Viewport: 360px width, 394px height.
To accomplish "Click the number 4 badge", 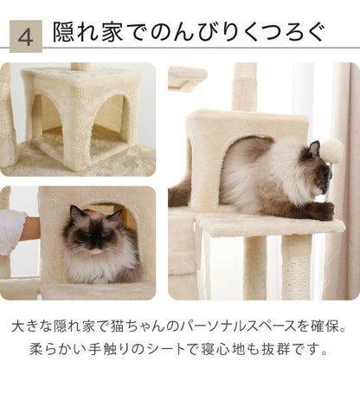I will [25, 37].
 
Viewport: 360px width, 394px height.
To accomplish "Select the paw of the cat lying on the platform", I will [324, 210].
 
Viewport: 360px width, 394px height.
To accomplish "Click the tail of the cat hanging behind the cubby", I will [179, 192].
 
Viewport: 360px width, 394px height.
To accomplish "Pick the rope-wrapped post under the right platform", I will [296, 264].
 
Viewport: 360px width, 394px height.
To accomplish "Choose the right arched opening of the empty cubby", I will [107, 116].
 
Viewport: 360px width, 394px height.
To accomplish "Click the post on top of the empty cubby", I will [81, 66].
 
